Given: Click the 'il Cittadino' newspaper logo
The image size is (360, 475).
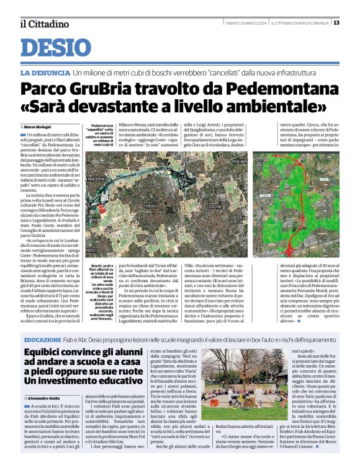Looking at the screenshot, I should pos(43,24).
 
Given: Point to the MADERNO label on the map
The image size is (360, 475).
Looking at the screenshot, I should pos(98,179).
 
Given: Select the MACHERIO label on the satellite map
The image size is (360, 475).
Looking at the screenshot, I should pos(240,162).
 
